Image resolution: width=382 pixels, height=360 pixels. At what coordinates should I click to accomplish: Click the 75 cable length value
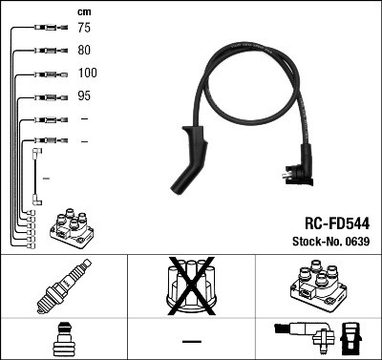point(84,29)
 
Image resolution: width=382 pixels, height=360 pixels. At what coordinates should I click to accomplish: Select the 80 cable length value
point(84,51)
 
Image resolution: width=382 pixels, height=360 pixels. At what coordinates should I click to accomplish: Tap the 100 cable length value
point(87,73)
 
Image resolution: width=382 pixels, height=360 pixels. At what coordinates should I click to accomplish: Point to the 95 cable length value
point(84,95)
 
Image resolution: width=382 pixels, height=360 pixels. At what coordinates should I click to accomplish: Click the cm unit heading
point(84,11)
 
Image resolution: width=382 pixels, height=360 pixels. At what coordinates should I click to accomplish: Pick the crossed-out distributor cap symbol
point(191,286)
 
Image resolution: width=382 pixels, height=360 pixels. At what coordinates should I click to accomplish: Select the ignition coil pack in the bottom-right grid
point(317,286)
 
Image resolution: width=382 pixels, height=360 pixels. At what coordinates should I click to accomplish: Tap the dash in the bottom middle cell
point(191,340)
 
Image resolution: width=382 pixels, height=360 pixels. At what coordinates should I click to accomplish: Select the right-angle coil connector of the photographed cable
point(300,164)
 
